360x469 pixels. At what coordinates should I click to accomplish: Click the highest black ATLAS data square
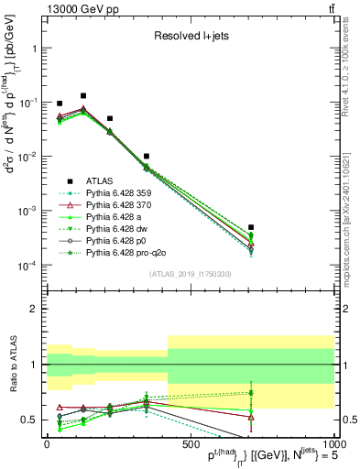[83, 95]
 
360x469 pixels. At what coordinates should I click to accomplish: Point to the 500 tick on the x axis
[190, 444]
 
